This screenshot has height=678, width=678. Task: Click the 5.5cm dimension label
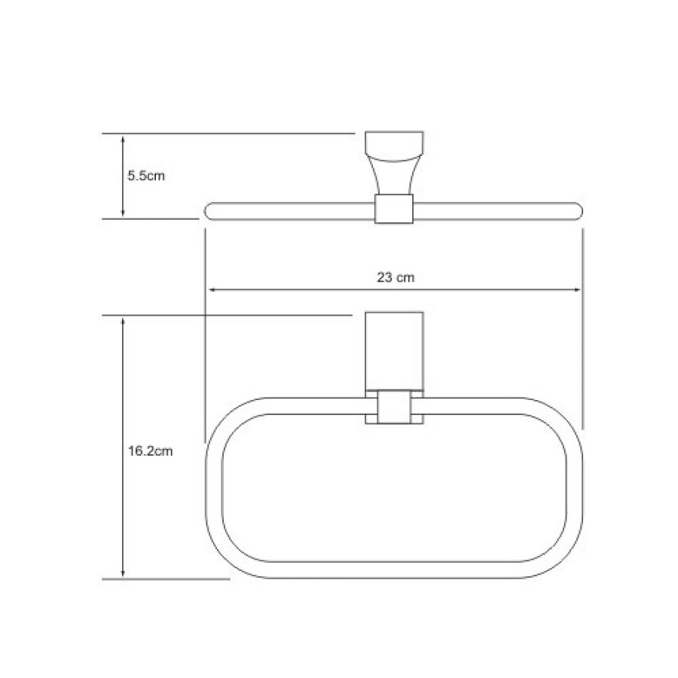(x=146, y=176)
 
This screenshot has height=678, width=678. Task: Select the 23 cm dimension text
(x=395, y=277)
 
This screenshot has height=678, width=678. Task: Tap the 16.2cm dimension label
(x=150, y=451)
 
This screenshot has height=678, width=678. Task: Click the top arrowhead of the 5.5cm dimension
(x=123, y=139)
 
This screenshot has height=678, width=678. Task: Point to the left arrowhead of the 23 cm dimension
(x=213, y=290)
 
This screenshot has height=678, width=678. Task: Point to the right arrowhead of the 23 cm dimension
(x=576, y=290)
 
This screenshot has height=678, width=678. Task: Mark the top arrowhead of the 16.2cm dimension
(x=123, y=322)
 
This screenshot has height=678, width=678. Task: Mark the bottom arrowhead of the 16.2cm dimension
(x=123, y=573)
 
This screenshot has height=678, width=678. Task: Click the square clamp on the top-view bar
(x=393, y=209)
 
